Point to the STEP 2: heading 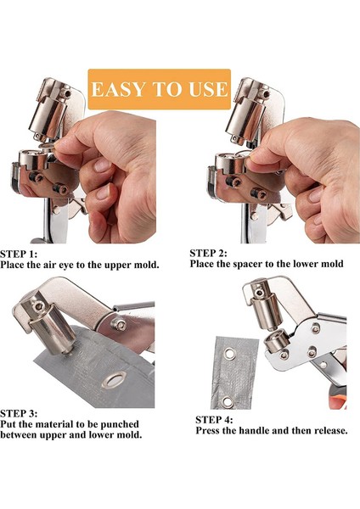tap(216, 253)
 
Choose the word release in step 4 tap(327, 431)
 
